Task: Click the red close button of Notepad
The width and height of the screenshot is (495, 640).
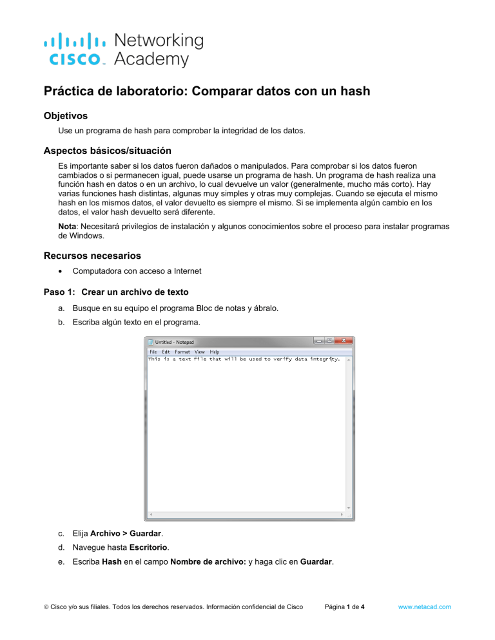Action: coord(346,341)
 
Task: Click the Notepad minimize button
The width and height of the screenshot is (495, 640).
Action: coord(318,341)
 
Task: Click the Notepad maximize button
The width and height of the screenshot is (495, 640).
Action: coord(329,341)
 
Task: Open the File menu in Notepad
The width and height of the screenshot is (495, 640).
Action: coord(153,352)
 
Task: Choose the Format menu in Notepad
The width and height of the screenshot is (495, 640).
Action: coord(182,352)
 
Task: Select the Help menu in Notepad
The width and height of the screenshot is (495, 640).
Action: coord(214,352)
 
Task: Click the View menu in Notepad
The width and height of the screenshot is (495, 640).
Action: coord(200,352)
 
